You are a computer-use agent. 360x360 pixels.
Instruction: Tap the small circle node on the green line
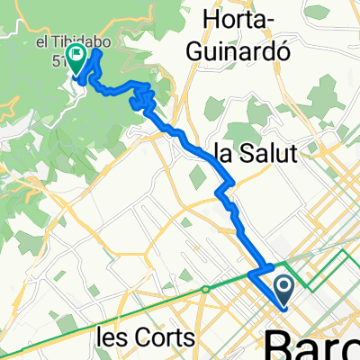pyautogui.click(x=206, y=288)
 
